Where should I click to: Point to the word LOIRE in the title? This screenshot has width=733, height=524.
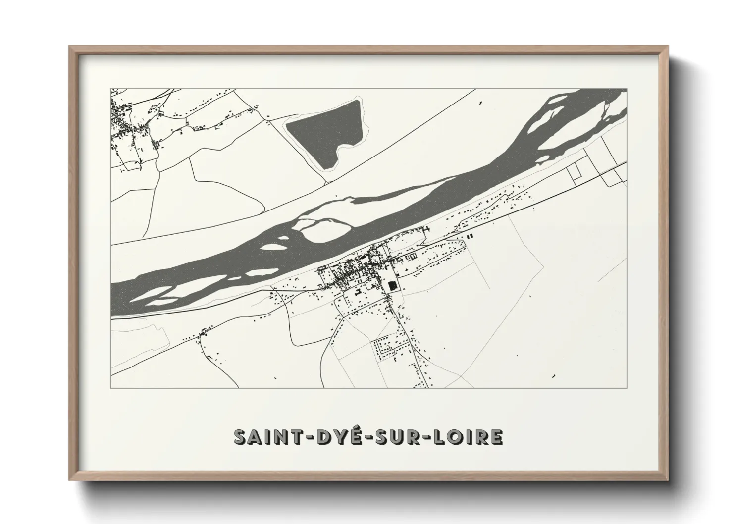click(x=468, y=437)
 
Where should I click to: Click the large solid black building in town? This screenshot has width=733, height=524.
click(x=392, y=286)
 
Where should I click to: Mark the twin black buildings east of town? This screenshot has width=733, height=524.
click(x=469, y=238)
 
